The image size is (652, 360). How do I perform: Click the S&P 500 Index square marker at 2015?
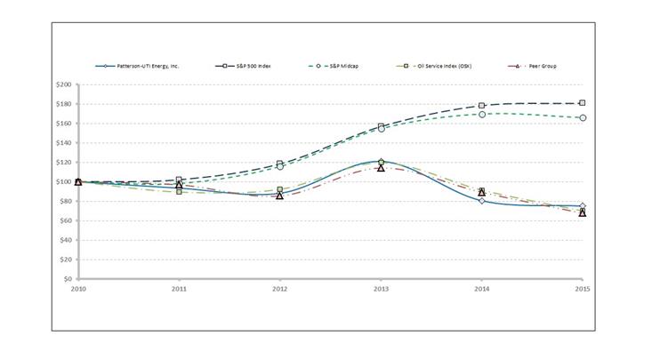[x=582, y=103]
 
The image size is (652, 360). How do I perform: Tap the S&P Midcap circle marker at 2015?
[x=582, y=117]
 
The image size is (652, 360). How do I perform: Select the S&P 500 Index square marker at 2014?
[x=481, y=106]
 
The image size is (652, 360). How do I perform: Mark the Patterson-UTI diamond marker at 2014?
[x=481, y=201]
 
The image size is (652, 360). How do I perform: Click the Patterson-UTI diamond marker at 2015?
[x=582, y=206]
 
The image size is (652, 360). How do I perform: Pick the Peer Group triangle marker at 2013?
[x=381, y=168]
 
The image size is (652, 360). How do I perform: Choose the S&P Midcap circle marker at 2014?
[x=481, y=115]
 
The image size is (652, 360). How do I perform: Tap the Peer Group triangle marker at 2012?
[x=279, y=196]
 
